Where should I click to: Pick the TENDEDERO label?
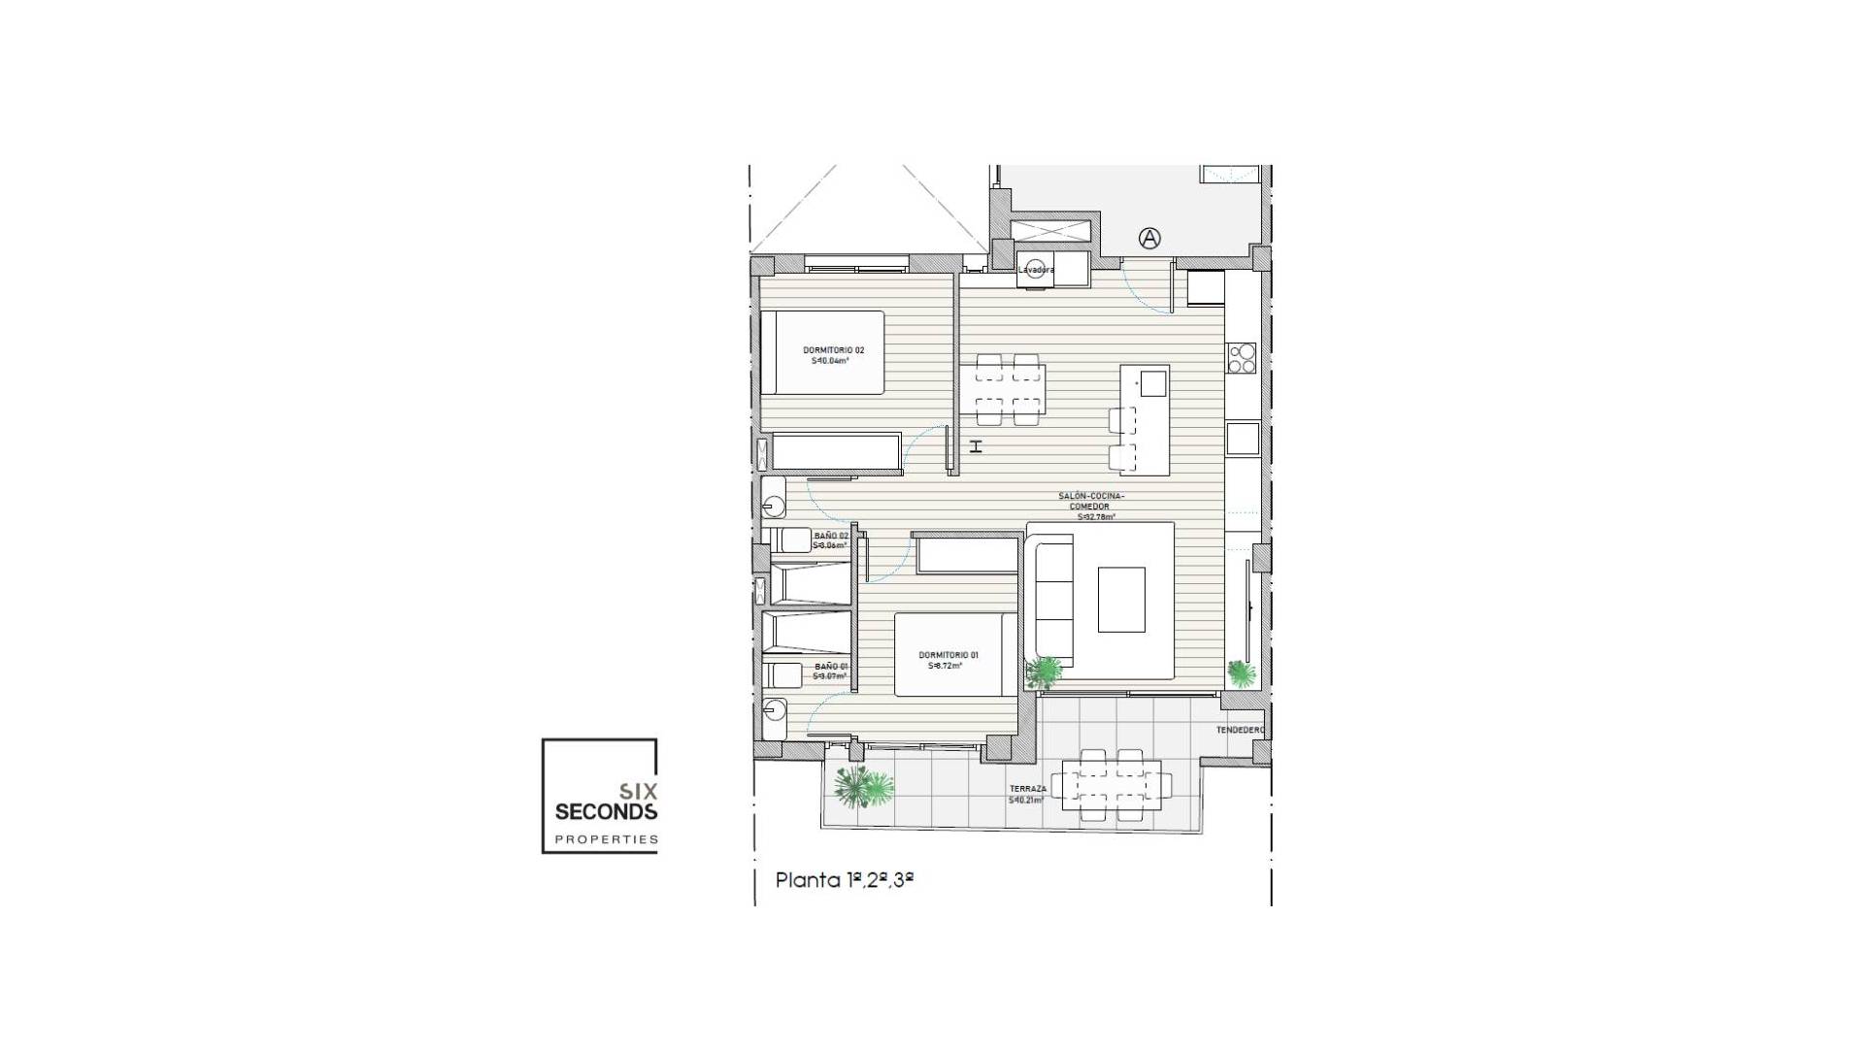coord(1240,730)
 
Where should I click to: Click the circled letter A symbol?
coord(1149,238)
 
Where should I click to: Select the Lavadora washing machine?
coord(1036,270)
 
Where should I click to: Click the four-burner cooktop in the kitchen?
coord(1242,358)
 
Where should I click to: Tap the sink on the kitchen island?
coord(1152,384)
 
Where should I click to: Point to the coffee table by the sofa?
coord(1121,600)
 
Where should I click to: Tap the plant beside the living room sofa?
coord(1045,671)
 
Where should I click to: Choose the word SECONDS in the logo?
coord(606,811)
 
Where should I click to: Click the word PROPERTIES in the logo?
coord(606,839)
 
